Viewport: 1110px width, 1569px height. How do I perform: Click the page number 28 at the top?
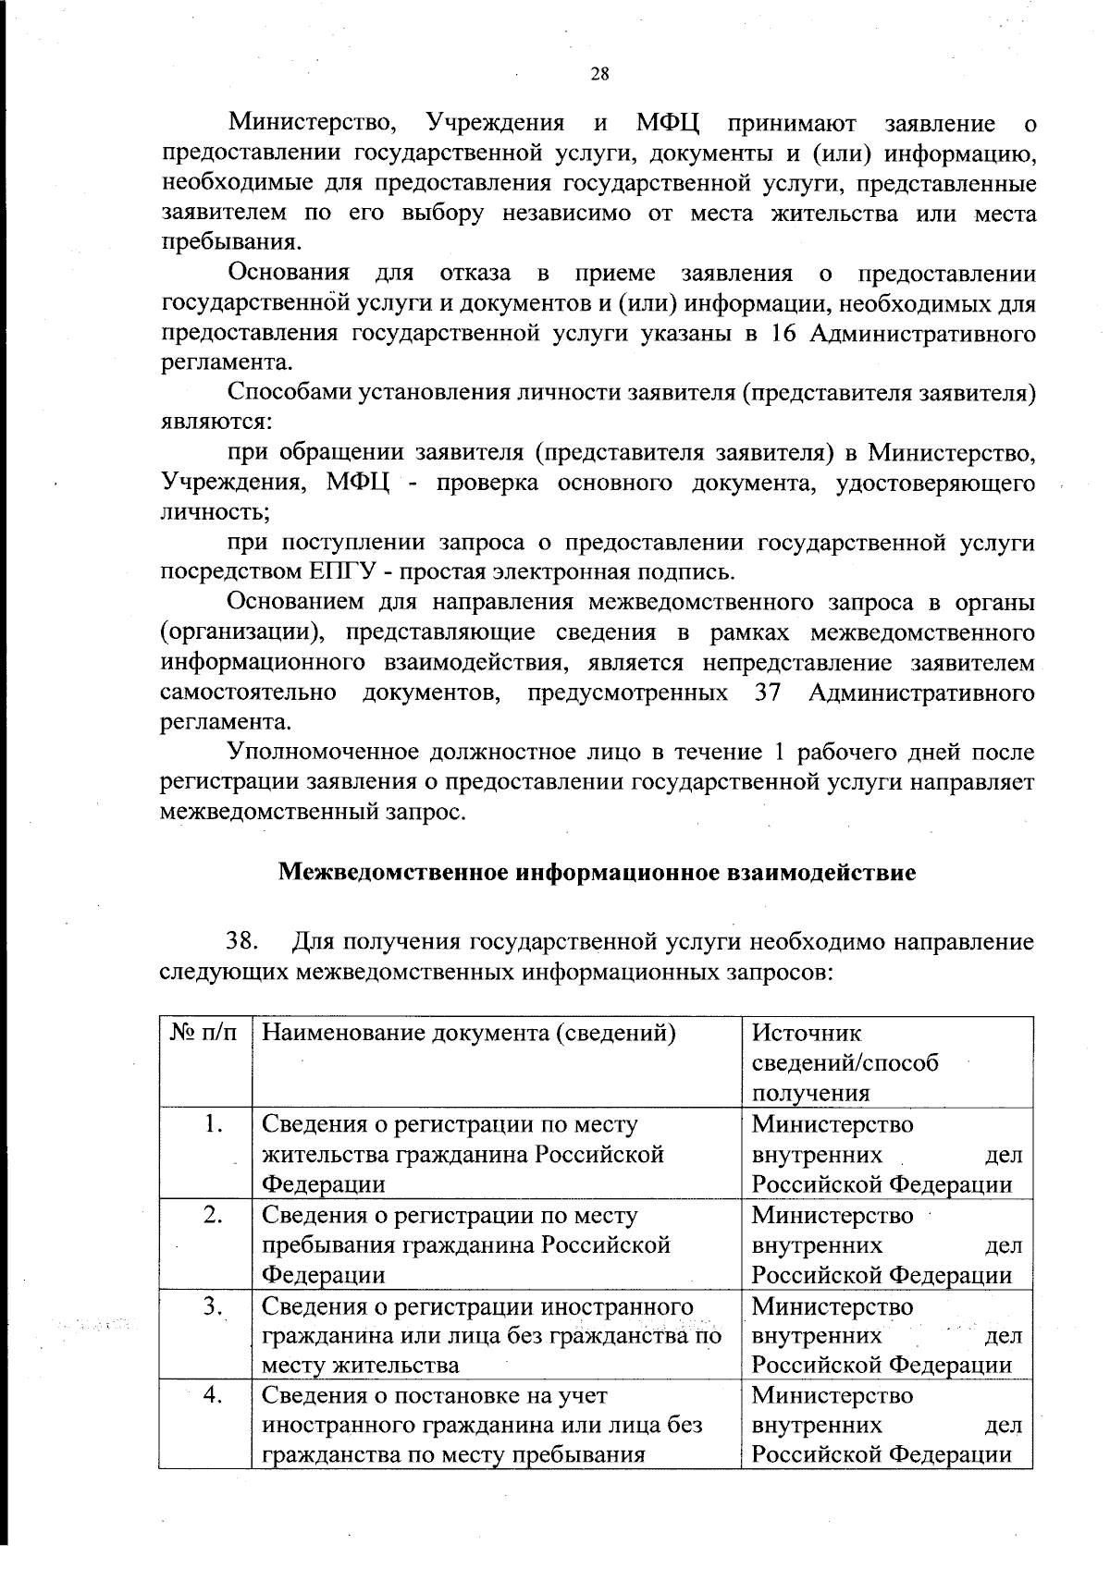[598, 75]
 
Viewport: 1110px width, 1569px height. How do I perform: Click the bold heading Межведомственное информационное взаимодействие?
[598, 872]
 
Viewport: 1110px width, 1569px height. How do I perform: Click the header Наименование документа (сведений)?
[469, 1033]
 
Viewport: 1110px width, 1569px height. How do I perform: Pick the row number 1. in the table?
[215, 1124]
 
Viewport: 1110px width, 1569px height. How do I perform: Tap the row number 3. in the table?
[215, 1305]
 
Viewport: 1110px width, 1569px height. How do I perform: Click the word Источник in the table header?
[806, 1033]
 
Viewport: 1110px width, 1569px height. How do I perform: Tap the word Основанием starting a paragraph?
[296, 603]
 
